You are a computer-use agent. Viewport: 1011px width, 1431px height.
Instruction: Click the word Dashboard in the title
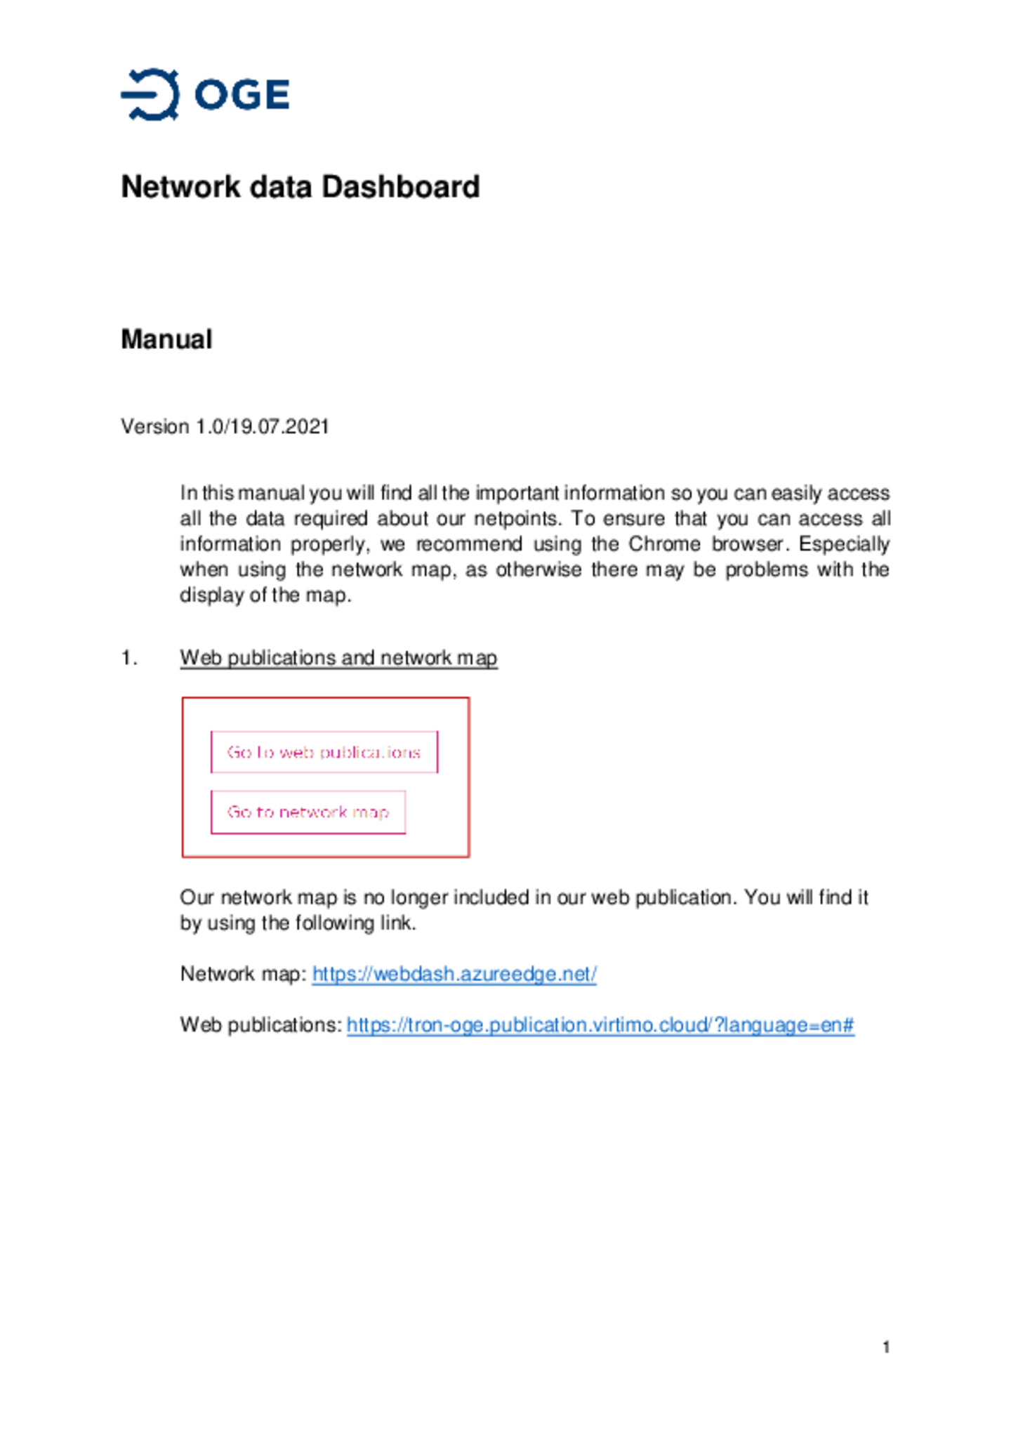[x=400, y=187]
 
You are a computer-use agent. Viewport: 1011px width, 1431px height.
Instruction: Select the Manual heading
[x=166, y=339]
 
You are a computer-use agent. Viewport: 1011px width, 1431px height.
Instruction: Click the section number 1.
[x=128, y=658]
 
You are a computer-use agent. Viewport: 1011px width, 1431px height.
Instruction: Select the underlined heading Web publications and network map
[x=338, y=658]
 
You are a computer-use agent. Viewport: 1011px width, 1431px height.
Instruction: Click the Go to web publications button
[x=324, y=752]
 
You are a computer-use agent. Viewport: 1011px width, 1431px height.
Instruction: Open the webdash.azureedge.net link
[x=454, y=974]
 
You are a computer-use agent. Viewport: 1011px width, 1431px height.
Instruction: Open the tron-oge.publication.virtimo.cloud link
[x=600, y=1025]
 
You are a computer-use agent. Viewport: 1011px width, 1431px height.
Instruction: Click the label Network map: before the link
[x=243, y=974]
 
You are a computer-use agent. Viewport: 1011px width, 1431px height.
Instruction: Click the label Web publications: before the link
[x=260, y=1025]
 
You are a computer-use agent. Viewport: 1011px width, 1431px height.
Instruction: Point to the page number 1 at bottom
[x=885, y=1347]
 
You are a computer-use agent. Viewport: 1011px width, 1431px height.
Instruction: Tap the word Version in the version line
[x=154, y=427]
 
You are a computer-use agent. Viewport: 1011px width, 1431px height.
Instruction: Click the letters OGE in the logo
[x=242, y=95]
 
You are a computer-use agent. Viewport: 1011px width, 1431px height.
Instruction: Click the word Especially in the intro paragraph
[x=843, y=544]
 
